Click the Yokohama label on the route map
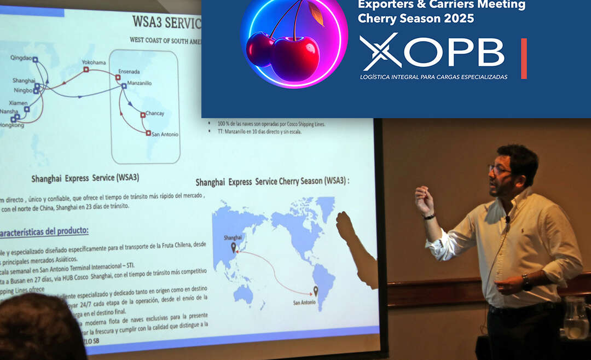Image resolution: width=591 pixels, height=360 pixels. [94, 62]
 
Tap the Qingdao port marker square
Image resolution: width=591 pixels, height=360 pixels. [35, 60]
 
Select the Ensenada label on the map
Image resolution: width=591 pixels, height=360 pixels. [129, 72]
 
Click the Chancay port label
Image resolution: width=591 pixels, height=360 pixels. [155, 113]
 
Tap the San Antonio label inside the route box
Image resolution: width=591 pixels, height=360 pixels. [165, 134]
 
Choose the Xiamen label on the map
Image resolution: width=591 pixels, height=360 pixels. [18, 103]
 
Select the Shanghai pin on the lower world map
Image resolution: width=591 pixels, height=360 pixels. [234, 248]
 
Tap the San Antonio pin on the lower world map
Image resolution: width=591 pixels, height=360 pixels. [315, 291]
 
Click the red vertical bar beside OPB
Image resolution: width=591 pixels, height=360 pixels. [524, 58]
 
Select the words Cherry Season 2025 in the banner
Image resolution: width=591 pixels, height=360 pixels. [415, 18]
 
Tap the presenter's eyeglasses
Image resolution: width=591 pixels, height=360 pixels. [499, 170]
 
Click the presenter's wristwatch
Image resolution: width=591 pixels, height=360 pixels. [526, 282]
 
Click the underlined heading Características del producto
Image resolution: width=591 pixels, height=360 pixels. [44, 232]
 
